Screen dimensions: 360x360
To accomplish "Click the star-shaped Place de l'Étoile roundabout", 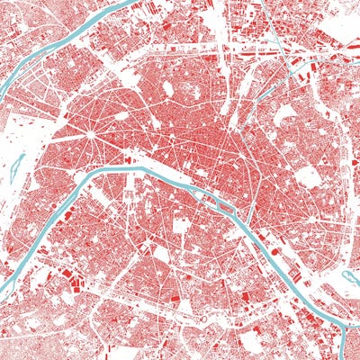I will [x=91, y=135].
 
